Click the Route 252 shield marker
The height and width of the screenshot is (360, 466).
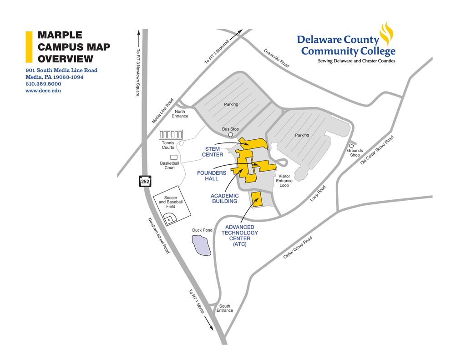tap(145, 182)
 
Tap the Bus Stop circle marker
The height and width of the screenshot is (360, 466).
tap(231, 135)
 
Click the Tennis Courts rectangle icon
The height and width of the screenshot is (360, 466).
tap(171, 134)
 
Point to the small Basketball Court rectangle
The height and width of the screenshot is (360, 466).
tap(174, 157)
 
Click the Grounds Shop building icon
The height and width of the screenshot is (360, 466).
tap(351, 146)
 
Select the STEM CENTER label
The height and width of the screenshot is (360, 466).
tap(213, 152)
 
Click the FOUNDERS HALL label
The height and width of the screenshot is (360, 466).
tap(212, 176)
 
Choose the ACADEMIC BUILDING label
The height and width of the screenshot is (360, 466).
tap(224, 198)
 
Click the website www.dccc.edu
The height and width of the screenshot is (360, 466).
tap(43, 91)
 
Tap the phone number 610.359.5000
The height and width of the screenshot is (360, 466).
tap(43, 84)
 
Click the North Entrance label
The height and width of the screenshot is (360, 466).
tap(180, 114)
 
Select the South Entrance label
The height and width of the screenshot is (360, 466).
tap(224, 308)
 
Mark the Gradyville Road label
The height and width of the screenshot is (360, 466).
tap(276, 58)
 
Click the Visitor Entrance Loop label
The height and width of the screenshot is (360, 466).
tap(284, 181)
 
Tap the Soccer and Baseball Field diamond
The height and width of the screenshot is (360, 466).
tap(169, 218)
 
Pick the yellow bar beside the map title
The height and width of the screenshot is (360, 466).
tap(29, 46)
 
